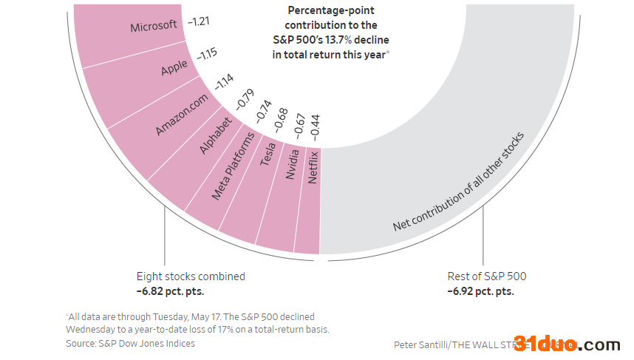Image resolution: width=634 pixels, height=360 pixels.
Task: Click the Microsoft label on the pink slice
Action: (x=154, y=27)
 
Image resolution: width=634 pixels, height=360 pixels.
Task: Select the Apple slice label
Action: (x=174, y=68)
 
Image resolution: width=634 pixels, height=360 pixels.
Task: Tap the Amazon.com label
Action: (x=182, y=114)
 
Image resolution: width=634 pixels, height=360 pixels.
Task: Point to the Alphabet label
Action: (x=215, y=135)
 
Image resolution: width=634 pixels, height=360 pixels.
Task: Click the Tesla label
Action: (x=268, y=154)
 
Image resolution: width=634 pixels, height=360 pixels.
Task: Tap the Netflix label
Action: (x=313, y=167)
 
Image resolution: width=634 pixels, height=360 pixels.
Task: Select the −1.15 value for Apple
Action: (x=206, y=55)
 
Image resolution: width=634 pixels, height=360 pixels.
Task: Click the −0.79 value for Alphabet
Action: (x=245, y=100)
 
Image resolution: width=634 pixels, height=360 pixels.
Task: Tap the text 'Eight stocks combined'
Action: (x=191, y=276)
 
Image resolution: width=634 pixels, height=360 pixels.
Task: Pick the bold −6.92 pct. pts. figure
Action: (x=480, y=291)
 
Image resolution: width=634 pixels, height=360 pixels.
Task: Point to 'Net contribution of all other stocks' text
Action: (x=458, y=181)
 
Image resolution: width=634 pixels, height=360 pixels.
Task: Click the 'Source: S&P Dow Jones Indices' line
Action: (x=130, y=343)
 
